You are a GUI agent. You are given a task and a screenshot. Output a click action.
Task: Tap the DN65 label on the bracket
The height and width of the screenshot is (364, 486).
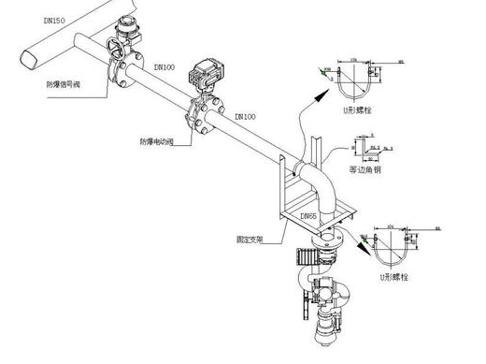pyautogui.click(x=309, y=216)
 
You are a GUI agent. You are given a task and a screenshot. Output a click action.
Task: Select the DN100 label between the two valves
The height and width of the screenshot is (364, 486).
pyautogui.click(x=164, y=67)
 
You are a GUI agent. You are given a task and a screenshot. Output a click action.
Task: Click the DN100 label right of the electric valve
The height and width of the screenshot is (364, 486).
pyautogui.click(x=245, y=116)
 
